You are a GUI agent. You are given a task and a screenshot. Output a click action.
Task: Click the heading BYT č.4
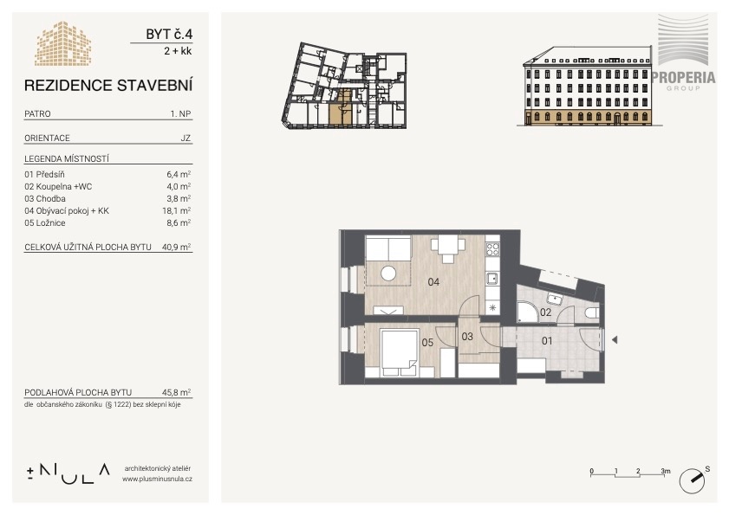tap(169, 34)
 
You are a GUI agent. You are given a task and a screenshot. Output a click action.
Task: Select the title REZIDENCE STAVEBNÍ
tap(108, 86)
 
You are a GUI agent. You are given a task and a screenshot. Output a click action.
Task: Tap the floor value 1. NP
tap(180, 113)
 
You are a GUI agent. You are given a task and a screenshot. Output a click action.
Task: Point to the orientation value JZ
tap(186, 138)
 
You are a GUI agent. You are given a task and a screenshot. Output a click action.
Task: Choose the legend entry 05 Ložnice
tap(45, 223)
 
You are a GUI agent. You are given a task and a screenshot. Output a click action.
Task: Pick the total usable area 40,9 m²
tap(176, 247)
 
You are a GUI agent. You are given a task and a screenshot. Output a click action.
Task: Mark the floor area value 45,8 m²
tap(176, 392)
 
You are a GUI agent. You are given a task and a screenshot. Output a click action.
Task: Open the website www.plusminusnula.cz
tap(157, 479)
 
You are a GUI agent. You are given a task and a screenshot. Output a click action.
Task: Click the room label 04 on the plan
tap(433, 281)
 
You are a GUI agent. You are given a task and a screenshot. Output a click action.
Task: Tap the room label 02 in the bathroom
tap(545, 312)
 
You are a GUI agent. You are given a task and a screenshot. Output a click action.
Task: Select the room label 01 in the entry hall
tap(547, 341)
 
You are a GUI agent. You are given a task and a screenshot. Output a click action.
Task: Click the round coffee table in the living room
tap(388, 273)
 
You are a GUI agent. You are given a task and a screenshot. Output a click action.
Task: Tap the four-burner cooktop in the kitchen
tap(492, 249)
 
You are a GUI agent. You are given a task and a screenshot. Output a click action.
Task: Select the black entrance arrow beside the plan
tap(615, 340)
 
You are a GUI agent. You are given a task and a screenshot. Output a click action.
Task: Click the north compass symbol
tap(692, 480)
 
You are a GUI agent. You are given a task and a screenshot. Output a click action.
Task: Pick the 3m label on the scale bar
tap(666, 471)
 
